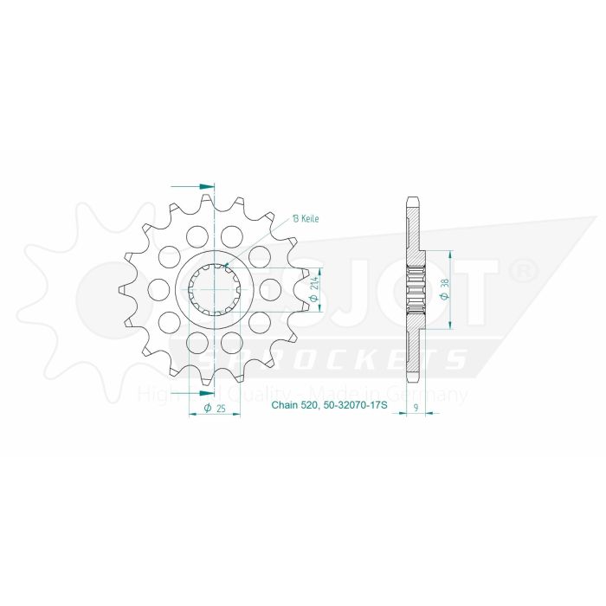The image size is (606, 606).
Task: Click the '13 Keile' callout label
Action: pyautogui.click(x=306, y=219)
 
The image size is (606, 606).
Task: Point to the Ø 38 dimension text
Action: pyautogui.click(x=443, y=290)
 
